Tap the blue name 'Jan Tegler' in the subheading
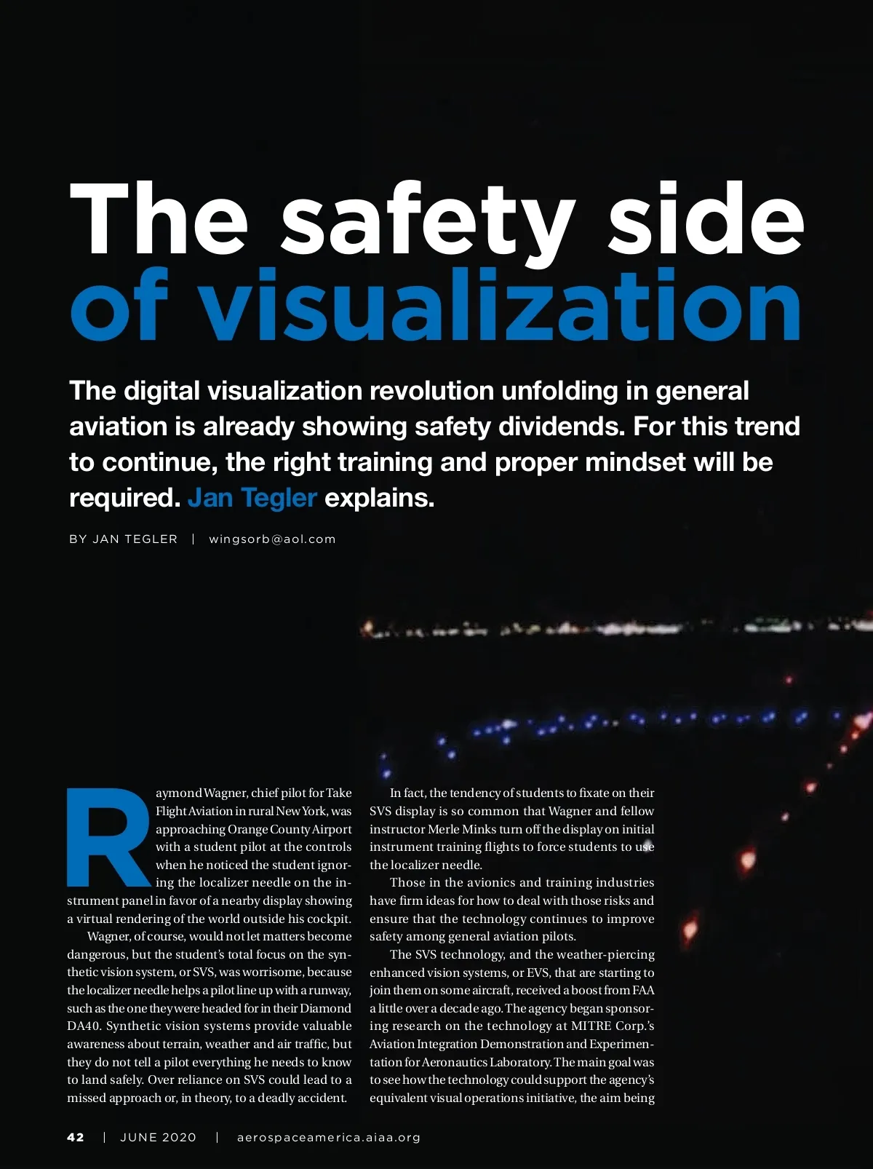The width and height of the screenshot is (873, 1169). (x=252, y=498)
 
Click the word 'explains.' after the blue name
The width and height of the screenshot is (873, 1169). (x=379, y=499)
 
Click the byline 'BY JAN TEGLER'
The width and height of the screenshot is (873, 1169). (x=123, y=539)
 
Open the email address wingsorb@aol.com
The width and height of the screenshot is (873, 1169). (x=272, y=539)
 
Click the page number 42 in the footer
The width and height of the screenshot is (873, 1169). (x=76, y=1138)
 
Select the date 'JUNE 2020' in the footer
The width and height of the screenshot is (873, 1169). (x=158, y=1138)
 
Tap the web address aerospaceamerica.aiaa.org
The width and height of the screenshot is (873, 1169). (x=329, y=1138)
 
